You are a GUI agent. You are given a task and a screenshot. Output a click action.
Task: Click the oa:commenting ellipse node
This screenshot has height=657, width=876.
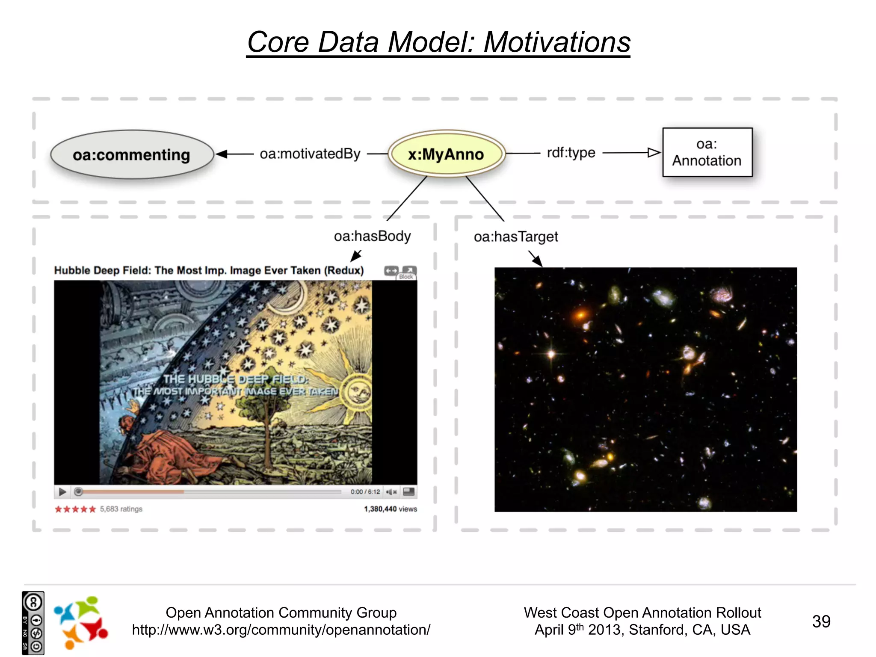tap(131, 154)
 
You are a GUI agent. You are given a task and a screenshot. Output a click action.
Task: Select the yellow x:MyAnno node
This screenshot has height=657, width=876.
tap(446, 154)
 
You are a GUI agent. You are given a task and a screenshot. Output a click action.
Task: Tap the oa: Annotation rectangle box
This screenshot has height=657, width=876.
tap(707, 152)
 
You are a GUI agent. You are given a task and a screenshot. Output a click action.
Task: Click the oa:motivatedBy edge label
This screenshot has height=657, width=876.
tap(310, 154)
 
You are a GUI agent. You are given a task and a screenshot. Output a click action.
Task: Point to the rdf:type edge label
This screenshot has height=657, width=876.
tap(571, 153)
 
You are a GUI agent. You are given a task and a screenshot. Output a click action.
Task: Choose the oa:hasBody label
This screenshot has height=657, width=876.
tap(372, 236)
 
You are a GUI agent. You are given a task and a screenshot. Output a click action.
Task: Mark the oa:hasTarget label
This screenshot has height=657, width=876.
tap(516, 237)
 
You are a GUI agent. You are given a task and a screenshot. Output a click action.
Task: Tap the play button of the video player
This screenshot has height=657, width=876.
tap(62, 492)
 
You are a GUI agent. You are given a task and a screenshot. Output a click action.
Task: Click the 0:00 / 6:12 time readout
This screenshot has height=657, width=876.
tap(365, 492)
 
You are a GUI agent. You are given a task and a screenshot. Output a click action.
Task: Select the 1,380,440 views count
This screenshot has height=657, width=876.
tap(390, 509)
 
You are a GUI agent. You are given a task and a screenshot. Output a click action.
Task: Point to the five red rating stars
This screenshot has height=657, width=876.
tap(75, 509)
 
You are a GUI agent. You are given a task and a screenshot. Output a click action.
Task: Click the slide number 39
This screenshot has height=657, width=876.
tap(821, 621)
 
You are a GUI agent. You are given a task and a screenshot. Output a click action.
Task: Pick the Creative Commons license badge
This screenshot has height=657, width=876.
tap(33, 623)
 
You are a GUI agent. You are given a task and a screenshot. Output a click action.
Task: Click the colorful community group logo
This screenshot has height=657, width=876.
tap(80, 622)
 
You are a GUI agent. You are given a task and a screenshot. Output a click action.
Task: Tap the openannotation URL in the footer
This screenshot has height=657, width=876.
tap(281, 630)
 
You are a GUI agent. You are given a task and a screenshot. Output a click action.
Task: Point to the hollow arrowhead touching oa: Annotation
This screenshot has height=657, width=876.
tap(654, 153)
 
